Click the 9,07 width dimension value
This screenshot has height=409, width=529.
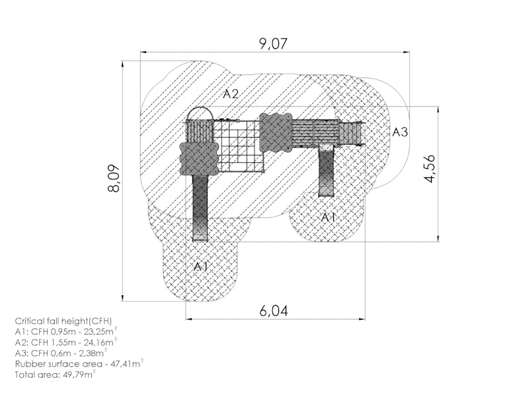(274, 44)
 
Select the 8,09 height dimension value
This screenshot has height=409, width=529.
(114, 178)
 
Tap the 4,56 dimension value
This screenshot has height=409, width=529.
(430, 169)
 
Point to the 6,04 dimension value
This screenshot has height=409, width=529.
(274, 310)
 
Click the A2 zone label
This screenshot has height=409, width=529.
(231, 94)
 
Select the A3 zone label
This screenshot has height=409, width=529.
(400, 132)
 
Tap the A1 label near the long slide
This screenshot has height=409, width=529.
(201, 267)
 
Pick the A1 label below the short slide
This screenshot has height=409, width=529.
(328, 217)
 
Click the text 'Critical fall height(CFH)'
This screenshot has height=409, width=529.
(63, 321)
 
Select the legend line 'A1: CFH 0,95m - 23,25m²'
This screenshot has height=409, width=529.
(66, 332)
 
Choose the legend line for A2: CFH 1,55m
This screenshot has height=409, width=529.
(66, 342)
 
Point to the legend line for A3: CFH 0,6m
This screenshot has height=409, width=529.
(61, 353)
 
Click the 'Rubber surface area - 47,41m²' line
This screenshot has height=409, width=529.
(79, 364)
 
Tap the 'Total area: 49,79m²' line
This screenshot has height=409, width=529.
(56, 375)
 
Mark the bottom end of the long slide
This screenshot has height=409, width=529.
(200, 240)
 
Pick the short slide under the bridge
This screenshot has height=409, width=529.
(326, 171)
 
